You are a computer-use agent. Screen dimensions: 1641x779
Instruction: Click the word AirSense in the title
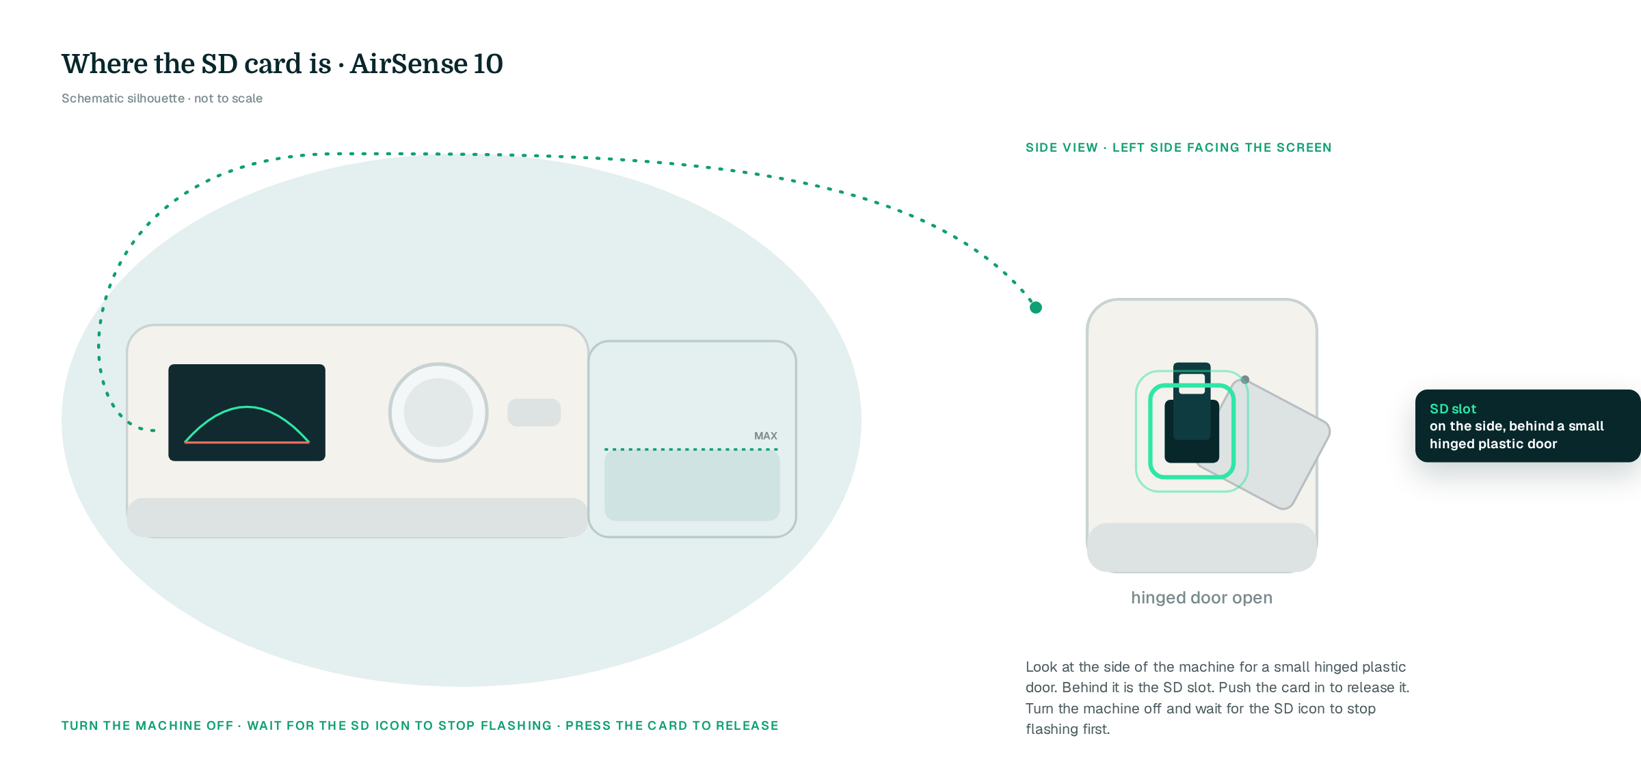409,64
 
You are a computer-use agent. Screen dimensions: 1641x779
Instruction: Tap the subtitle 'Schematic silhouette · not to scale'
162,98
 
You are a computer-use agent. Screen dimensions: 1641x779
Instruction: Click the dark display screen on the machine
247,413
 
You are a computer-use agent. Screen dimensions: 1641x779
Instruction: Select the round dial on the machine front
438,413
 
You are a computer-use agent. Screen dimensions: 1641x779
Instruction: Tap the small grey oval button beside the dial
534,413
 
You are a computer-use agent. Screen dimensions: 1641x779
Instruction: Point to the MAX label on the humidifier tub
766,436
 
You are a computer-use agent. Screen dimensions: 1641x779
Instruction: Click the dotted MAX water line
691,450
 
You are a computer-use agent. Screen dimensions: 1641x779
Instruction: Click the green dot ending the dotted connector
1036,307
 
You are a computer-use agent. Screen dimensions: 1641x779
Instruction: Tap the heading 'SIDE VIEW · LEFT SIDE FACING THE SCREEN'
1179,148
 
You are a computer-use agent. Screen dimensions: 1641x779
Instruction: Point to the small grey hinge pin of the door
1245,380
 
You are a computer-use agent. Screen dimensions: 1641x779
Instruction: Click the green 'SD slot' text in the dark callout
1453,409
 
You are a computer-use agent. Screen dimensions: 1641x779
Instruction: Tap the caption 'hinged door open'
1202,598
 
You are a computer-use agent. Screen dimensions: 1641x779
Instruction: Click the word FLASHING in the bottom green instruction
516,726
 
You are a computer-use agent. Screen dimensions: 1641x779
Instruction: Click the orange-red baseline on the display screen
247,443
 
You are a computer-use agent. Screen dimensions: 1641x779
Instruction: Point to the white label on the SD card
1192,383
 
